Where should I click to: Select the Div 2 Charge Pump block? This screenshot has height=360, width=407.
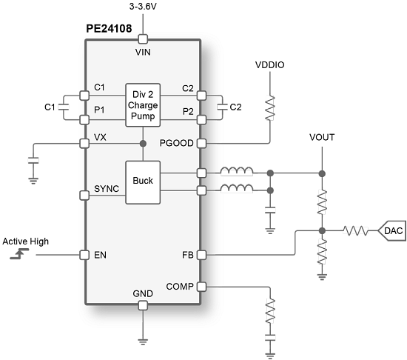[143, 104]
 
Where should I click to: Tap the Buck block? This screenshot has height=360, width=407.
[142, 181]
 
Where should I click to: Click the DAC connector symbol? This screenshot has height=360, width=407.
[391, 231]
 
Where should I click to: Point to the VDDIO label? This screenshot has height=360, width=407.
[269, 65]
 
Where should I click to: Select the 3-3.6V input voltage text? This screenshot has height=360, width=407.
[143, 7]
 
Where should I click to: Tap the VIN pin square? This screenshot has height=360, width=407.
[143, 39]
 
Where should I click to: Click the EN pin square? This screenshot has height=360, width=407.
[84, 255]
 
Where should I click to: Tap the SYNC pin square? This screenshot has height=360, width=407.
[84, 196]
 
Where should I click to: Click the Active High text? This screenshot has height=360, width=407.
[27, 241]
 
